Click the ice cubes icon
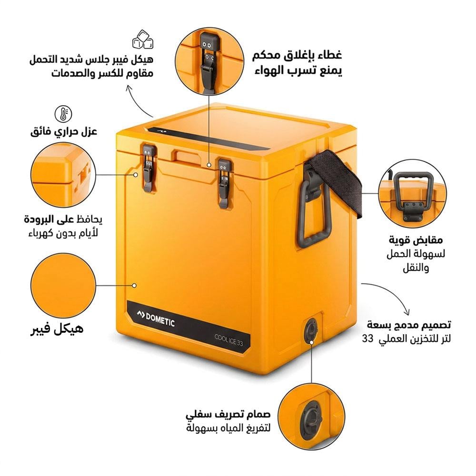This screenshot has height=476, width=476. (x=142, y=40)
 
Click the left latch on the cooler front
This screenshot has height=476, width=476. (x=148, y=168)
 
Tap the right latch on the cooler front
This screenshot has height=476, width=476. (x=224, y=183)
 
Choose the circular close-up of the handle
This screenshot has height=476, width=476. (x=413, y=192)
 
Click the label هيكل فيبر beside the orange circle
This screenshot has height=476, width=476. (x=57, y=328)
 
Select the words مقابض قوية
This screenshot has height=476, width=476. (x=422, y=239)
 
